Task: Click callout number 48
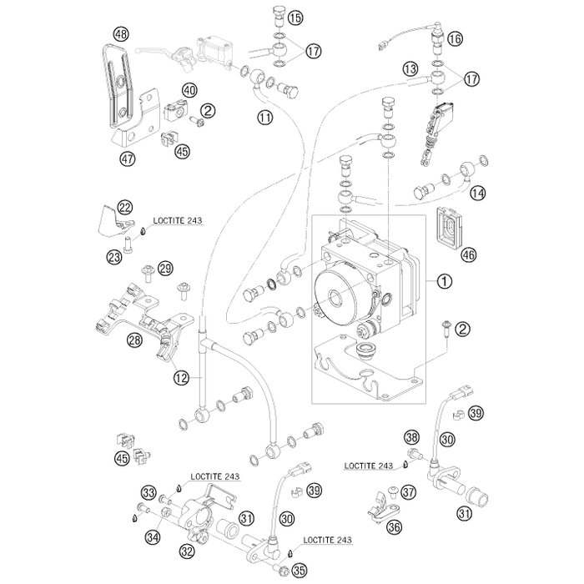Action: click(x=122, y=34)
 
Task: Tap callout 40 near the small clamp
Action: click(x=189, y=89)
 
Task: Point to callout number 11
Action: click(x=264, y=118)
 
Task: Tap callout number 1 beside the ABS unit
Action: click(x=446, y=281)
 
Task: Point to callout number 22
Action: click(x=125, y=208)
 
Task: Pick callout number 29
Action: click(x=165, y=268)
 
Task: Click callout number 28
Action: click(x=133, y=340)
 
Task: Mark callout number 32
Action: click(x=186, y=551)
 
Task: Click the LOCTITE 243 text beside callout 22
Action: click(x=178, y=222)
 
